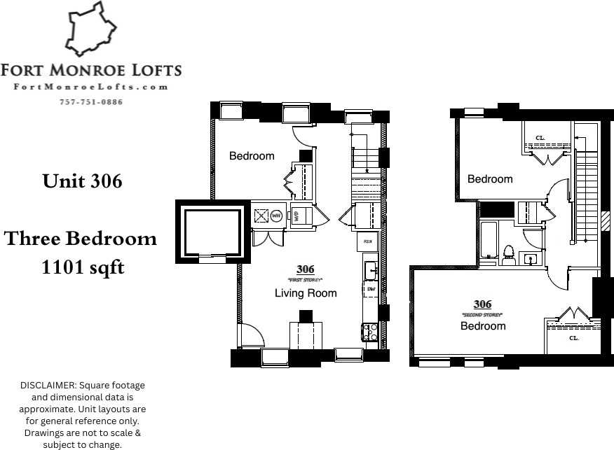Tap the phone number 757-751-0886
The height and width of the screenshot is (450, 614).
[91, 102]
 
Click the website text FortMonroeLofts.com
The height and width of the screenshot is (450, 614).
[91, 87]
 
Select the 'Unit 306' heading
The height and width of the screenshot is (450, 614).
[82, 181]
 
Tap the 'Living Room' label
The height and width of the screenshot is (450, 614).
[306, 293]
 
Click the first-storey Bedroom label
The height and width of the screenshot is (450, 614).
[252, 156]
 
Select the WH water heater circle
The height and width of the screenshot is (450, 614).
[276, 216]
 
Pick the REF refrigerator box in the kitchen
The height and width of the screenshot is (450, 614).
[368, 242]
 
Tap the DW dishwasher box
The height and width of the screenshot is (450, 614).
[369, 288]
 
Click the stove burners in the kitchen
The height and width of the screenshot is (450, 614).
[369, 331]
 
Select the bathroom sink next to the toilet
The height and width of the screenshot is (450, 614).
[532, 259]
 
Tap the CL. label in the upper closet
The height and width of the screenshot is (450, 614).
[540, 138]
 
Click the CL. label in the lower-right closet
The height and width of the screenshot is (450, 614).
[573, 338]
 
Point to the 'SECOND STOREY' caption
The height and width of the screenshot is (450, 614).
[482, 315]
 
